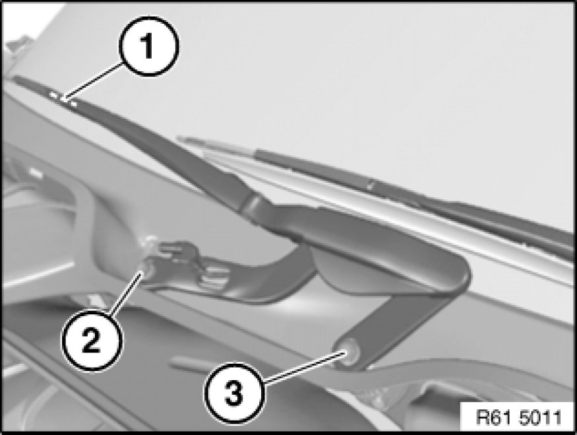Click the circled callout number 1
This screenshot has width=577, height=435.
[x=148, y=46]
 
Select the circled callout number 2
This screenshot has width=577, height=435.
[x=91, y=341]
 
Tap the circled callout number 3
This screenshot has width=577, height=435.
[x=234, y=393]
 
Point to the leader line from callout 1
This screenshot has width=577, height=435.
[x=93, y=81]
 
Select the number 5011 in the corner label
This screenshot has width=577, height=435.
[x=541, y=418]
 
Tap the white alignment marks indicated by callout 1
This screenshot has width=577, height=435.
[x=64, y=100]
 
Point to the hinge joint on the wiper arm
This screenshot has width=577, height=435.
[x=252, y=205]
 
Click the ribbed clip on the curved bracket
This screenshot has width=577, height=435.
[x=213, y=277]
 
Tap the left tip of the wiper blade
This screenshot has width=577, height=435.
[x=180, y=139]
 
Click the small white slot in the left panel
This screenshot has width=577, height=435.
[x=34, y=172]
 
